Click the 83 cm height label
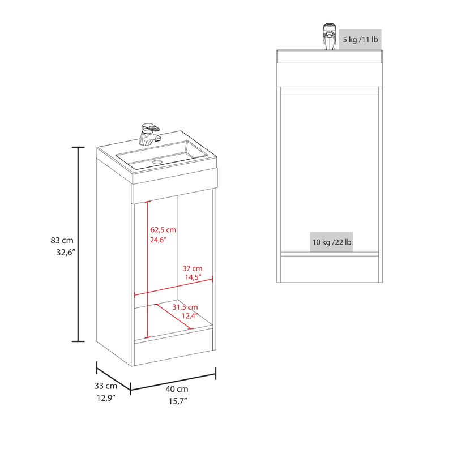62,240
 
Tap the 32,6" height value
66,253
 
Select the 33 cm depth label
106,386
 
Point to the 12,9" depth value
106,398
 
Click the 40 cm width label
177,389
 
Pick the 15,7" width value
178,401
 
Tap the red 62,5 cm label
163,230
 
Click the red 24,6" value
159,240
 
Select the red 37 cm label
193,268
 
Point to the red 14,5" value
193,277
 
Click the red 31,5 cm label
185,307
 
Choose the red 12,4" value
190,316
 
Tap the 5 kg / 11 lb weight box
360,39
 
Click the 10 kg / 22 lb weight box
332,242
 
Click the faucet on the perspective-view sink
149,135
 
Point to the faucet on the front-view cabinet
330,36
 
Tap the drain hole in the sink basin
157,162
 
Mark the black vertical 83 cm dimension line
78,244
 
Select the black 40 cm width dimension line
173,382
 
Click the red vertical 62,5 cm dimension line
148,270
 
